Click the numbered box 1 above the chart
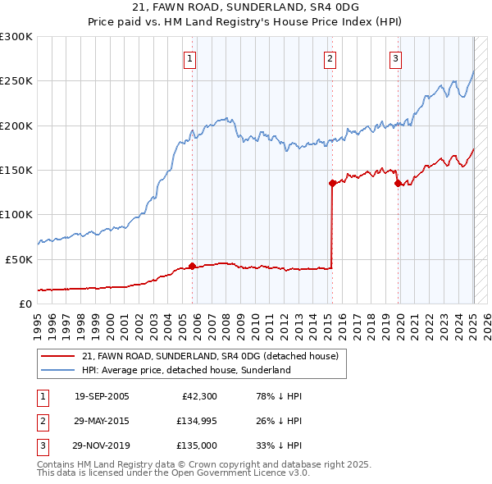pyautogui.click(x=189, y=58)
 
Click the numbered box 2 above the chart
pyautogui.click(x=330, y=58)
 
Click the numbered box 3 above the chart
pyautogui.click(x=395, y=58)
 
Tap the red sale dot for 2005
pyautogui.click(x=193, y=266)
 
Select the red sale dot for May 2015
pyautogui.click(x=332, y=184)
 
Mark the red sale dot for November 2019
pyautogui.click(x=398, y=184)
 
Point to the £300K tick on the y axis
pyautogui.click(x=16, y=37)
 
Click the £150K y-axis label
pyautogui.click(x=16, y=170)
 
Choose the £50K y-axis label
pyautogui.click(x=19, y=258)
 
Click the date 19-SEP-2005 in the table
pyautogui.click(x=102, y=397)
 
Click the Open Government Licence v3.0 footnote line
pyautogui.click(x=173, y=473)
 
